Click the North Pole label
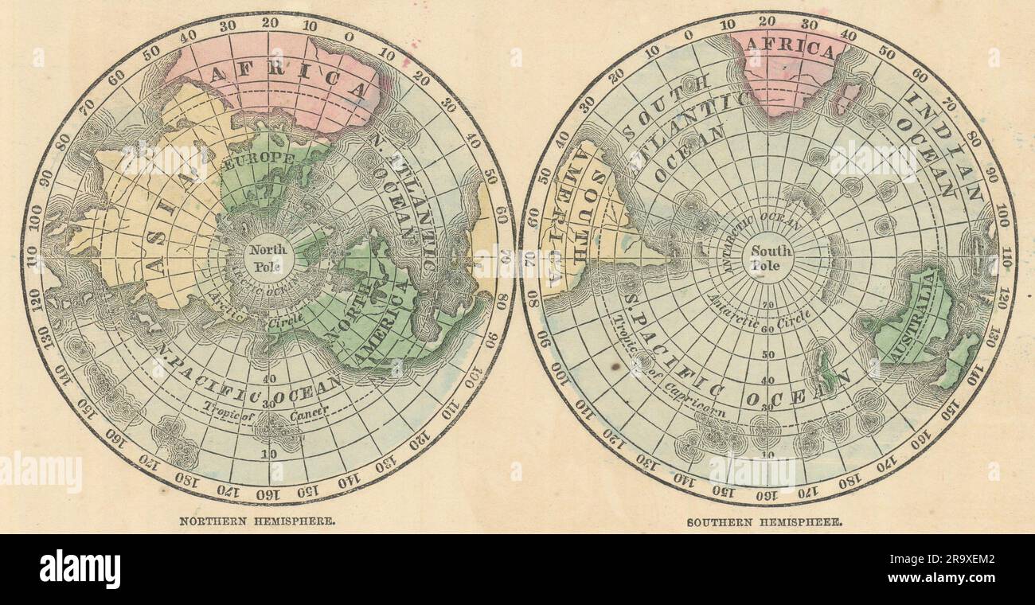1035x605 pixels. (x=268, y=257)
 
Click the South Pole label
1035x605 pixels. (x=771, y=257)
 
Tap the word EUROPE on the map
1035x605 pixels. (x=260, y=159)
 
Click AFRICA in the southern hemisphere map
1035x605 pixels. (x=789, y=49)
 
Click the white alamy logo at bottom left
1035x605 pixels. (x=80, y=569)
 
